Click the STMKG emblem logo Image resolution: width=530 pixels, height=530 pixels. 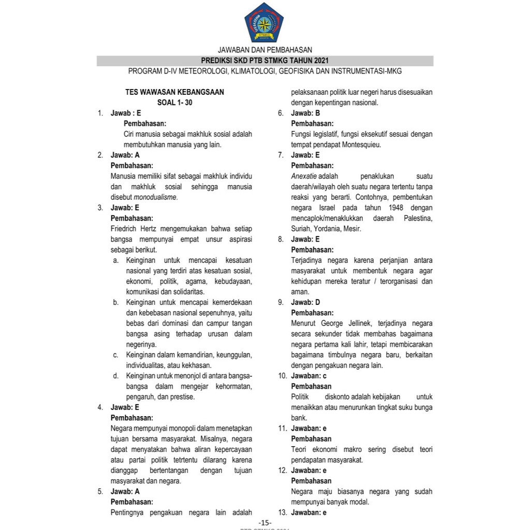pos(264,23)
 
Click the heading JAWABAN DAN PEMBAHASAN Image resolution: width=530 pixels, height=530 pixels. pos(264,50)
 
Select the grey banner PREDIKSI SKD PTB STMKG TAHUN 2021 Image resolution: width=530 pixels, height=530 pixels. pos(264,61)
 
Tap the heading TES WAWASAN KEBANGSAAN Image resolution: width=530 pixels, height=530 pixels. pos(174,92)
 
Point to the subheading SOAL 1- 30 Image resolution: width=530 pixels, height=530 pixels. pos(174,102)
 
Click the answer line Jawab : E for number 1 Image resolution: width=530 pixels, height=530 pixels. pos(126,113)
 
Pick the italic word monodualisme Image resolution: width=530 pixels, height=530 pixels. pos(155,197)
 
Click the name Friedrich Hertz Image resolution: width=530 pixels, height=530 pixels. pos(135,229)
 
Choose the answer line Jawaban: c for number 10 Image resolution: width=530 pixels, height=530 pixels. pos(309,376)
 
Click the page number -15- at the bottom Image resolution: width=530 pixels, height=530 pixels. pos(264,522)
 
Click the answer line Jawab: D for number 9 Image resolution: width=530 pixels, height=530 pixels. pos(305,302)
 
